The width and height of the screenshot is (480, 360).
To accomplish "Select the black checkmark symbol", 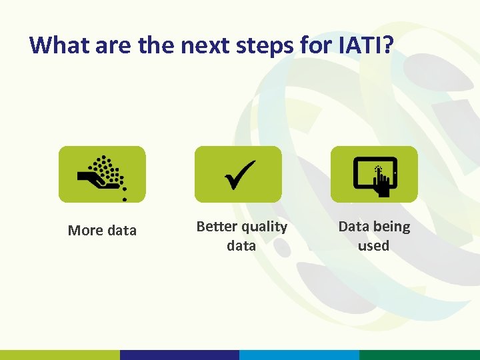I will pyautogui.click(x=237, y=175).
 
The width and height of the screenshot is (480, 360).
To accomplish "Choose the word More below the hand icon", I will pyautogui.click(x=85, y=231).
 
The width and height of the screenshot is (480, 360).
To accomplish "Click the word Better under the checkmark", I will pyautogui.click(x=217, y=227).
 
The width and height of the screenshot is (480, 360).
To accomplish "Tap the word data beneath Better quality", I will pyautogui.click(x=241, y=246).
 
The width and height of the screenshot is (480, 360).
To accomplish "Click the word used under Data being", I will pyautogui.click(x=373, y=246).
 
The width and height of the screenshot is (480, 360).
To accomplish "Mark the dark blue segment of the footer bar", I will pyautogui.click(x=179, y=355).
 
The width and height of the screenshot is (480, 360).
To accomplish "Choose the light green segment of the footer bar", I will pyautogui.click(x=60, y=355).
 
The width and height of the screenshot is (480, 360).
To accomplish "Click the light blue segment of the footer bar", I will pyautogui.click(x=299, y=355).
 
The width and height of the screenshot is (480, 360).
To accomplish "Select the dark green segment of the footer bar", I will pyautogui.click(x=419, y=355).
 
